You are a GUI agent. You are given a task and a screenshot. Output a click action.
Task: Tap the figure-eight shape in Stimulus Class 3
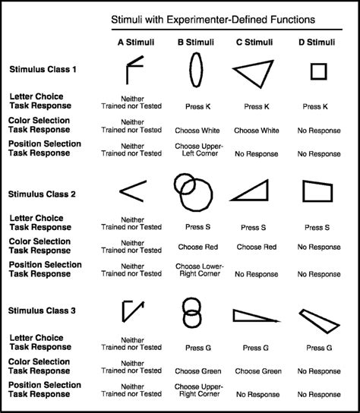[x=193, y=313]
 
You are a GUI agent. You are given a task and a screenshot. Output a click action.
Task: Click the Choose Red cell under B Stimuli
[x=197, y=247]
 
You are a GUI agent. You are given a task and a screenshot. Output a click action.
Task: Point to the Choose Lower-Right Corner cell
[x=197, y=270]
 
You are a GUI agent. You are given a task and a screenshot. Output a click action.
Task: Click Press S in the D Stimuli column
[x=317, y=227]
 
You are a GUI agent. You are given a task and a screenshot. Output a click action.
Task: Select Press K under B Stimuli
[x=197, y=106]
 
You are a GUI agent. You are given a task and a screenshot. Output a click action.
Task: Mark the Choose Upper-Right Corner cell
[x=197, y=391]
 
